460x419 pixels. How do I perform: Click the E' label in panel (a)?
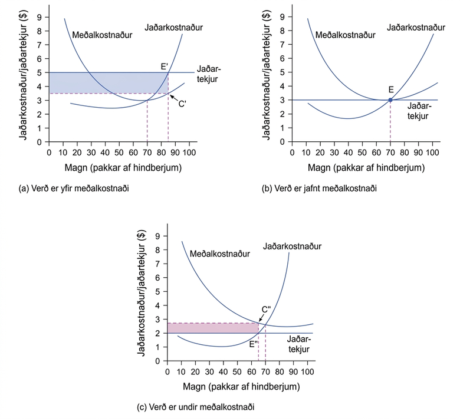pos(165,66)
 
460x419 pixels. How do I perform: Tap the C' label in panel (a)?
pos(182,104)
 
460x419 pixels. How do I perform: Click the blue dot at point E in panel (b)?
pos(390,100)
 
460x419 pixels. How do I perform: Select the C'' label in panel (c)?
pos(266,310)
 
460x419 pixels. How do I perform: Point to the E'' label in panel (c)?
pos(254,344)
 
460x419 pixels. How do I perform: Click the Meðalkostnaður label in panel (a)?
pos(102,35)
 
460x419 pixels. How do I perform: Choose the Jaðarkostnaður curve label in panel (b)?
pos(416,28)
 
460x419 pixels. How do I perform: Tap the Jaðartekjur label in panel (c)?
pos(298,344)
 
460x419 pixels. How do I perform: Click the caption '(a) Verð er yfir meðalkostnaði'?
pos(74,188)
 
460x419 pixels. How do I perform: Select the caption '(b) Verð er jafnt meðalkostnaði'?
pos(319,188)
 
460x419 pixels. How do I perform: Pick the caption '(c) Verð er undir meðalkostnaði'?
pos(196,407)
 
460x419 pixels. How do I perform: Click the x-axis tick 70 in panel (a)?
pos(147,152)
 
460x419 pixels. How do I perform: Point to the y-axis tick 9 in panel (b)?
pos(282,17)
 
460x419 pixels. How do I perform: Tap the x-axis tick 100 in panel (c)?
pos(307,372)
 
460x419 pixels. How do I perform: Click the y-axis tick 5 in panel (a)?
pos(40,72)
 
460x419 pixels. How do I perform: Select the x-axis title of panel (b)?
pos(366,168)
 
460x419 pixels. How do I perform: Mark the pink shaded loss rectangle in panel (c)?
pos(213,328)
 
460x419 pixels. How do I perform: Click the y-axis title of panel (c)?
pos(142,293)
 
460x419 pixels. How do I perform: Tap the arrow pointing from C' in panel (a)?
pos(174,98)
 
